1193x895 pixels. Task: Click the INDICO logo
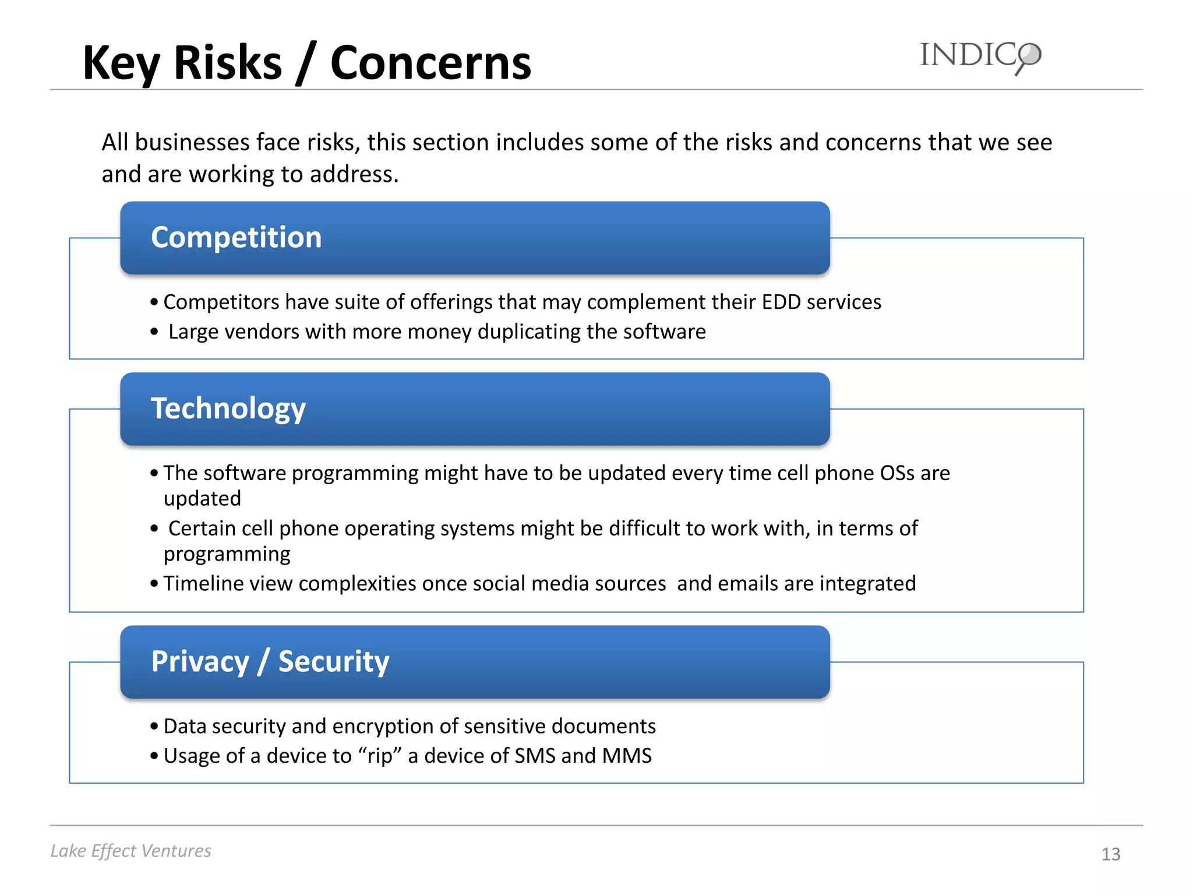980,57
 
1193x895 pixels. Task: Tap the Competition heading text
236,237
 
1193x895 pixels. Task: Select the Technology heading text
228,408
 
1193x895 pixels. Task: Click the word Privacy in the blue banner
200,662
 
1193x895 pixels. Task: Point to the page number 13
1110,854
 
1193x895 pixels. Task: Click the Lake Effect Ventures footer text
130,851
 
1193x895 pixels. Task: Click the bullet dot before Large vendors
154,332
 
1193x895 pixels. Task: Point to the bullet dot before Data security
154,727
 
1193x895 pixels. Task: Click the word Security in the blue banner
334,662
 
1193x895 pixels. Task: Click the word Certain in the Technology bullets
202,528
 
